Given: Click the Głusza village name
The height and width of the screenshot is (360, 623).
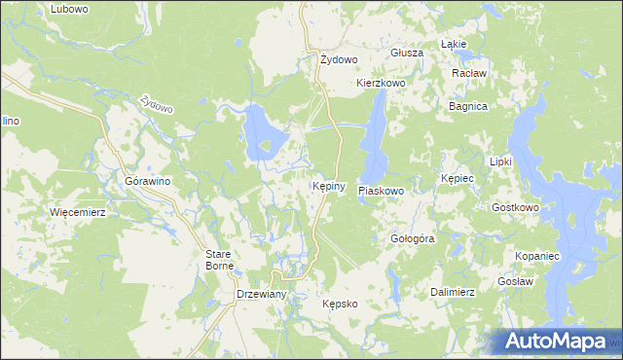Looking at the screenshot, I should (x=406, y=53).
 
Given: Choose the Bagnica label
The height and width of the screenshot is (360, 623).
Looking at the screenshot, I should (x=467, y=106).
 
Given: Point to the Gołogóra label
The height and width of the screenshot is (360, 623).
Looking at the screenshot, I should (x=411, y=238).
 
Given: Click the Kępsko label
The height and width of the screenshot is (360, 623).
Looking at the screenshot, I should (x=341, y=304).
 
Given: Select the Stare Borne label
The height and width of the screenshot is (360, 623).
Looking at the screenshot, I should (x=217, y=260).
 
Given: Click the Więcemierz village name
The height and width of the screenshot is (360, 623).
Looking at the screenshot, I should (x=77, y=211).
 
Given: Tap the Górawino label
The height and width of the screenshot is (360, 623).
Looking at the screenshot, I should (x=142, y=181).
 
